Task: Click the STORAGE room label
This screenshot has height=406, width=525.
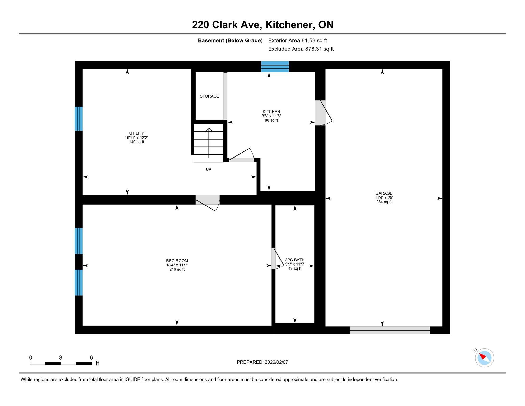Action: tap(209, 96)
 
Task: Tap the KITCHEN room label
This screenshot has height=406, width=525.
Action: tap(271, 112)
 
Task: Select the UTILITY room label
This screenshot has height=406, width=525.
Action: tap(137, 133)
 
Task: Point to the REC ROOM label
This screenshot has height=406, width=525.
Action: tap(177, 261)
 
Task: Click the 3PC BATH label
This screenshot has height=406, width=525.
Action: tap(295, 260)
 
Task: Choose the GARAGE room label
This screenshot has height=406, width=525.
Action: tap(384, 193)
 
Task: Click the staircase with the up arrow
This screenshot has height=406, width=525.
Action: tap(209, 143)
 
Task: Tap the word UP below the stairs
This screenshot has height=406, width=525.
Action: tap(209, 170)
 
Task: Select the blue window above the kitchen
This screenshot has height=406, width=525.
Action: tap(275, 67)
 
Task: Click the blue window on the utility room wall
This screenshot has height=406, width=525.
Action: tap(79, 119)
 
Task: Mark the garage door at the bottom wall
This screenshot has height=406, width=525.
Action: tap(390, 330)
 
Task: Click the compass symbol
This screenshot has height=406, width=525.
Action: tap(484, 358)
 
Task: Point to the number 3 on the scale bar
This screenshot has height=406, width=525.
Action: tap(60, 358)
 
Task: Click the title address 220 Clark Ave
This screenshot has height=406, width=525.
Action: tap(227, 25)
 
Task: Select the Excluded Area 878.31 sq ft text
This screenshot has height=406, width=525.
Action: tap(301, 49)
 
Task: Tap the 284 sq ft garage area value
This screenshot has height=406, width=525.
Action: tap(384, 202)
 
